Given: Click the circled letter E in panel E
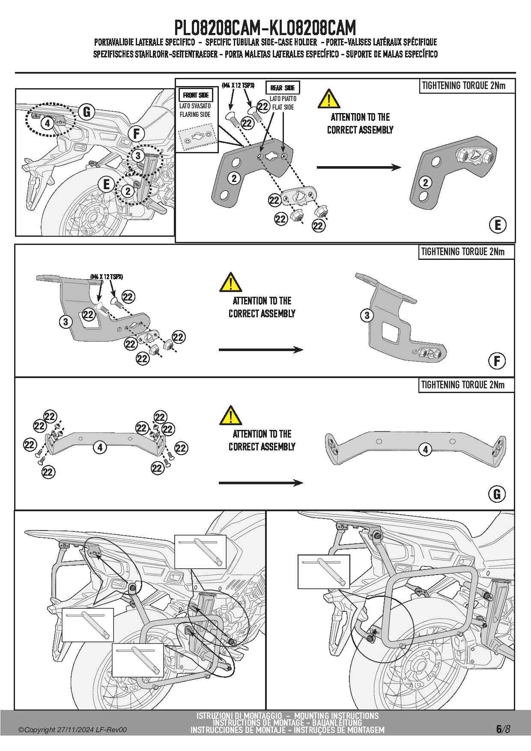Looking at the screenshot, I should tap(498, 225).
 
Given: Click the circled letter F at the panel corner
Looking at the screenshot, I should tap(497, 361).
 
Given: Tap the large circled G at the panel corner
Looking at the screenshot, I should tap(497, 494).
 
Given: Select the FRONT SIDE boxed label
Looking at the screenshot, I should tap(196, 95).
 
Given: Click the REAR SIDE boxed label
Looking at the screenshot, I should tap(283, 88).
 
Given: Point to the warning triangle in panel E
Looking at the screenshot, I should tap(328, 99).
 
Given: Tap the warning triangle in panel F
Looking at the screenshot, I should tap(230, 283).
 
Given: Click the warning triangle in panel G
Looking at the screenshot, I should tap(230, 416).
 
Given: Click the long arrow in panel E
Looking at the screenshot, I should tap(359, 167).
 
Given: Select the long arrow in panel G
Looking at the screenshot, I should tap(261, 483).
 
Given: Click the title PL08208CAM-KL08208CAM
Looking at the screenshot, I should tap(265, 28).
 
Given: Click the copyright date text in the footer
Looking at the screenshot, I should tap(72, 730).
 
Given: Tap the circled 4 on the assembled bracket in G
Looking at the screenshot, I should tap(425, 450).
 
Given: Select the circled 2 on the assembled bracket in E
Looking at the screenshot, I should tap(425, 183).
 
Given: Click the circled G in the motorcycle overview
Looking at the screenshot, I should tap(87, 113).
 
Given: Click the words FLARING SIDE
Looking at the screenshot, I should tap(195, 114).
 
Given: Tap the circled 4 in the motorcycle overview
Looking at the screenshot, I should tap(47, 123).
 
